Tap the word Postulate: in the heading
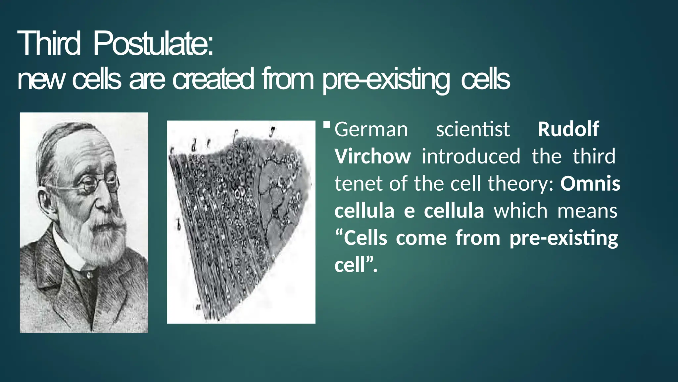[x=153, y=43]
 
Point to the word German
[x=371, y=129]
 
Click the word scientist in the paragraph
[x=473, y=129]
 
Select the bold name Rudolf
[x=568, y=129]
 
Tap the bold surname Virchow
[x=372, y=157]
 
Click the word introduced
[x=471, y=157]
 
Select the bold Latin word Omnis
[x=590, y=184]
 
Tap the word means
[x=587, y=211]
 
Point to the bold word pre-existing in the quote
[x=564, y=238]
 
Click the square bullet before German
[x=327, y=125]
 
